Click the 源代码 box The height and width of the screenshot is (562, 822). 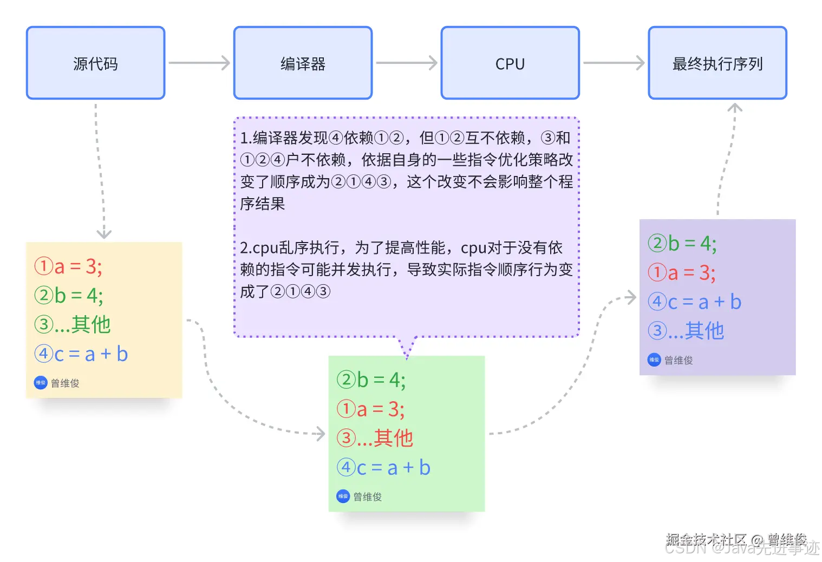coord(95,63)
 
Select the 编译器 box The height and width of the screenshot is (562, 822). coord(303,63)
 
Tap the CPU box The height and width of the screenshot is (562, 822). coord(510,63)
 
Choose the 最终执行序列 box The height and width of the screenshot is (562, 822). coord(717,63)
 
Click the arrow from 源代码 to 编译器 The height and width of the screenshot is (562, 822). coord(199,63)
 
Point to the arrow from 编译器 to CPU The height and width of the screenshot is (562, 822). coord(406,63)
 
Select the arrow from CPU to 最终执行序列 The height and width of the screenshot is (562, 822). coord(614,63)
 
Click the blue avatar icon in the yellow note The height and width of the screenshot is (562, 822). coord(41,383)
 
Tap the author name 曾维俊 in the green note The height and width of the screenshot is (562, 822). coord(368,496)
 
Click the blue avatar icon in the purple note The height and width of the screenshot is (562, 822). coord(654,360)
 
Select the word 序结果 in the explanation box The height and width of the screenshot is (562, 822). coord(263,204)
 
